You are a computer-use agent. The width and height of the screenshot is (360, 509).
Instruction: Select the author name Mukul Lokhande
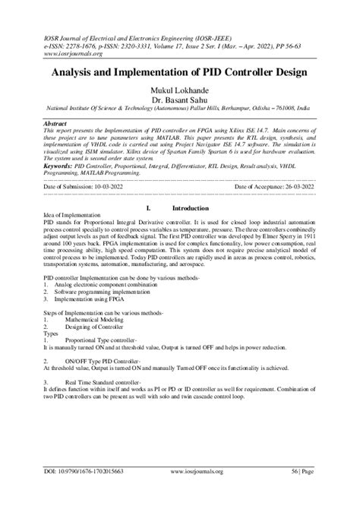pyautogui.click(x=180, y=90)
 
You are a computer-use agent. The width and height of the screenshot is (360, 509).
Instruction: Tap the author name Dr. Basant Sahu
pyautogui.click(x=180, y=100)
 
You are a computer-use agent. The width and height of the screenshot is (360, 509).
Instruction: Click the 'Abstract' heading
pyautogui.click(x=58, y=122)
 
